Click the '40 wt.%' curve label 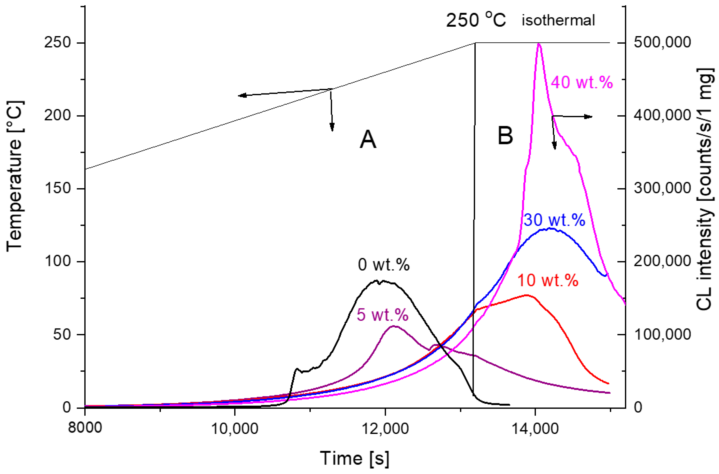coord(582,82)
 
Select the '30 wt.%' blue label coord(554,220)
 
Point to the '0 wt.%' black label coord(383,265)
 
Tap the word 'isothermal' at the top coord(558,20)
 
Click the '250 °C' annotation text coord(476,20)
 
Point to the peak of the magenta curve coord(539,44)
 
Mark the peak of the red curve coord(526,295)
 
